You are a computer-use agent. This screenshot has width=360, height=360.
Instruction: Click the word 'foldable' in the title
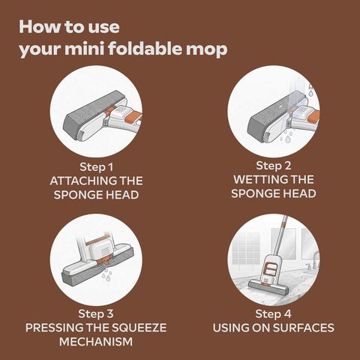(144, 49)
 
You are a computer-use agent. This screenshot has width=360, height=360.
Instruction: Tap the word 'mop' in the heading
(207, 51)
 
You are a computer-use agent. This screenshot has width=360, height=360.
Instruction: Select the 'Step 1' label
(97, 167)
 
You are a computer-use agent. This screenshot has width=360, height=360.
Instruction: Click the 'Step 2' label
(274, 166)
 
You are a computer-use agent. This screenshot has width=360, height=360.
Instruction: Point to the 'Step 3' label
(96, 314)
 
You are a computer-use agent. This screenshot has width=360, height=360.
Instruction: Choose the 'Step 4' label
(274, 314)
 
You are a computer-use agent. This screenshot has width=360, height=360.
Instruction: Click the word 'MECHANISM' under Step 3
(96, 342)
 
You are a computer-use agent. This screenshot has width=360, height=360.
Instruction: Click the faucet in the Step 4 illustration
(314, 260)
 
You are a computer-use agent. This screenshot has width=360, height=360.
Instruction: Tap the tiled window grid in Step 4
(245, 249)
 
